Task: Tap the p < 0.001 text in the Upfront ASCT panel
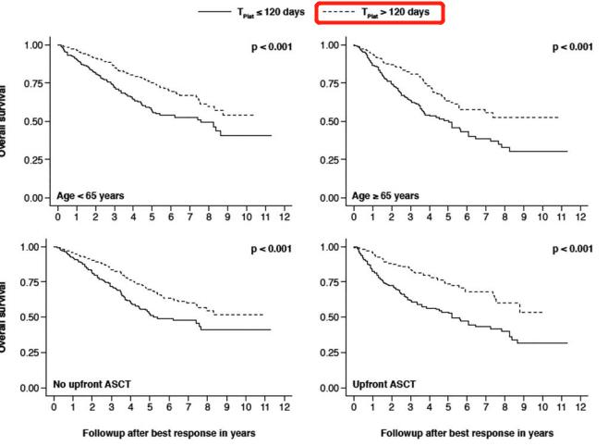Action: click(x=570, y=249)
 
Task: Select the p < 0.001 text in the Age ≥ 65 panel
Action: click(x=570, y=47)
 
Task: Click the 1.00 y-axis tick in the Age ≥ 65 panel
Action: click(x=331, y=45)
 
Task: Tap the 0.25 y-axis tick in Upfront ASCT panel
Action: click(x=331, y=352)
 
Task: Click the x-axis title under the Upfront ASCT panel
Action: click(x=467, y=433)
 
